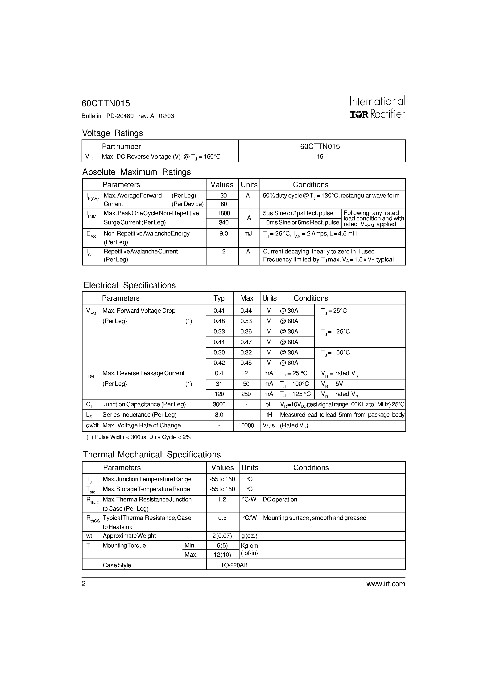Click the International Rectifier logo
coord(377,108)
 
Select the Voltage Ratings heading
coord(113,133)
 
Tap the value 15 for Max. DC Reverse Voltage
coord(320,157)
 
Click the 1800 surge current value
coord(223,213)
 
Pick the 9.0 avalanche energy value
coord(223,234)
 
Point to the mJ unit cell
coord(248,234)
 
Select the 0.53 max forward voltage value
coord(246,321)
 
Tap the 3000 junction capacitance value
coord(219,404)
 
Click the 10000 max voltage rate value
coord(246,425)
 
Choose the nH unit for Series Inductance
coord(268,415)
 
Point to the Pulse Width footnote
coord(138,437)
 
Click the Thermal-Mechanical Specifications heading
coord(152,454)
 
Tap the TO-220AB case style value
coord(234,565)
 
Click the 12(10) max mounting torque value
coord(222,555)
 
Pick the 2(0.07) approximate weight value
coord(222,536)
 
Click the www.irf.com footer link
coord(385,584)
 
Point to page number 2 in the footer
coord(84,584)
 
